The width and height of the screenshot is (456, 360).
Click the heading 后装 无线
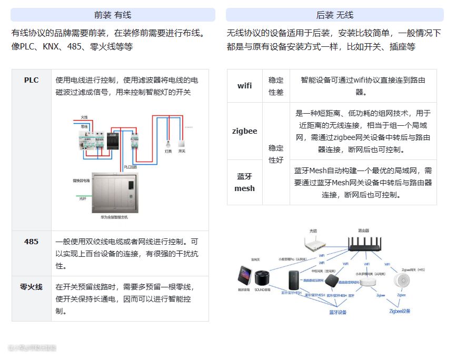pyautogui.click(x=335, y=15)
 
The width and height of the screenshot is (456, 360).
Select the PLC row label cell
pyautogui.click(x=32, y=81)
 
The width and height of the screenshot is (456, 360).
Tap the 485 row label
pyautogui.click(x=32, y=242)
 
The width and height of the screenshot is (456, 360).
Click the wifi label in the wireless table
pyautogui.click(x=245, y=85)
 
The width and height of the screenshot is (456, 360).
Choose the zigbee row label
pyautogui.click(x=245, y=131)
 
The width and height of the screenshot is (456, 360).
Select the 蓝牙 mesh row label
pyautogui.click(x=245, y=182)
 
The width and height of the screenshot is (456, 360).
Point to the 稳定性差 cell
pyautogui.click(x=276, y=86)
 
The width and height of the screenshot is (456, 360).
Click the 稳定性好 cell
pyautogui.click(x=276, y=154)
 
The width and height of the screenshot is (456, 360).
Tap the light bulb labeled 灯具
pyautogui.click(x=168, y=143)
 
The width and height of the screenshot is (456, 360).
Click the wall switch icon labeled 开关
pyautogui.click(x=182, y=143)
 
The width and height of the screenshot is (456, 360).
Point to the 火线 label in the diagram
pyautogui.click(x=84, y=117)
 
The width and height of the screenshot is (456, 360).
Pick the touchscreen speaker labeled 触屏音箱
pyautogui.click(x=244, y=277)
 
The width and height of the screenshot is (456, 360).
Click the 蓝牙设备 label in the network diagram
pyautogui.click(x=338, y=312)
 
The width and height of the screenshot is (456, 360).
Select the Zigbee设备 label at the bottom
pyautogui.click(x=400, y=311)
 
